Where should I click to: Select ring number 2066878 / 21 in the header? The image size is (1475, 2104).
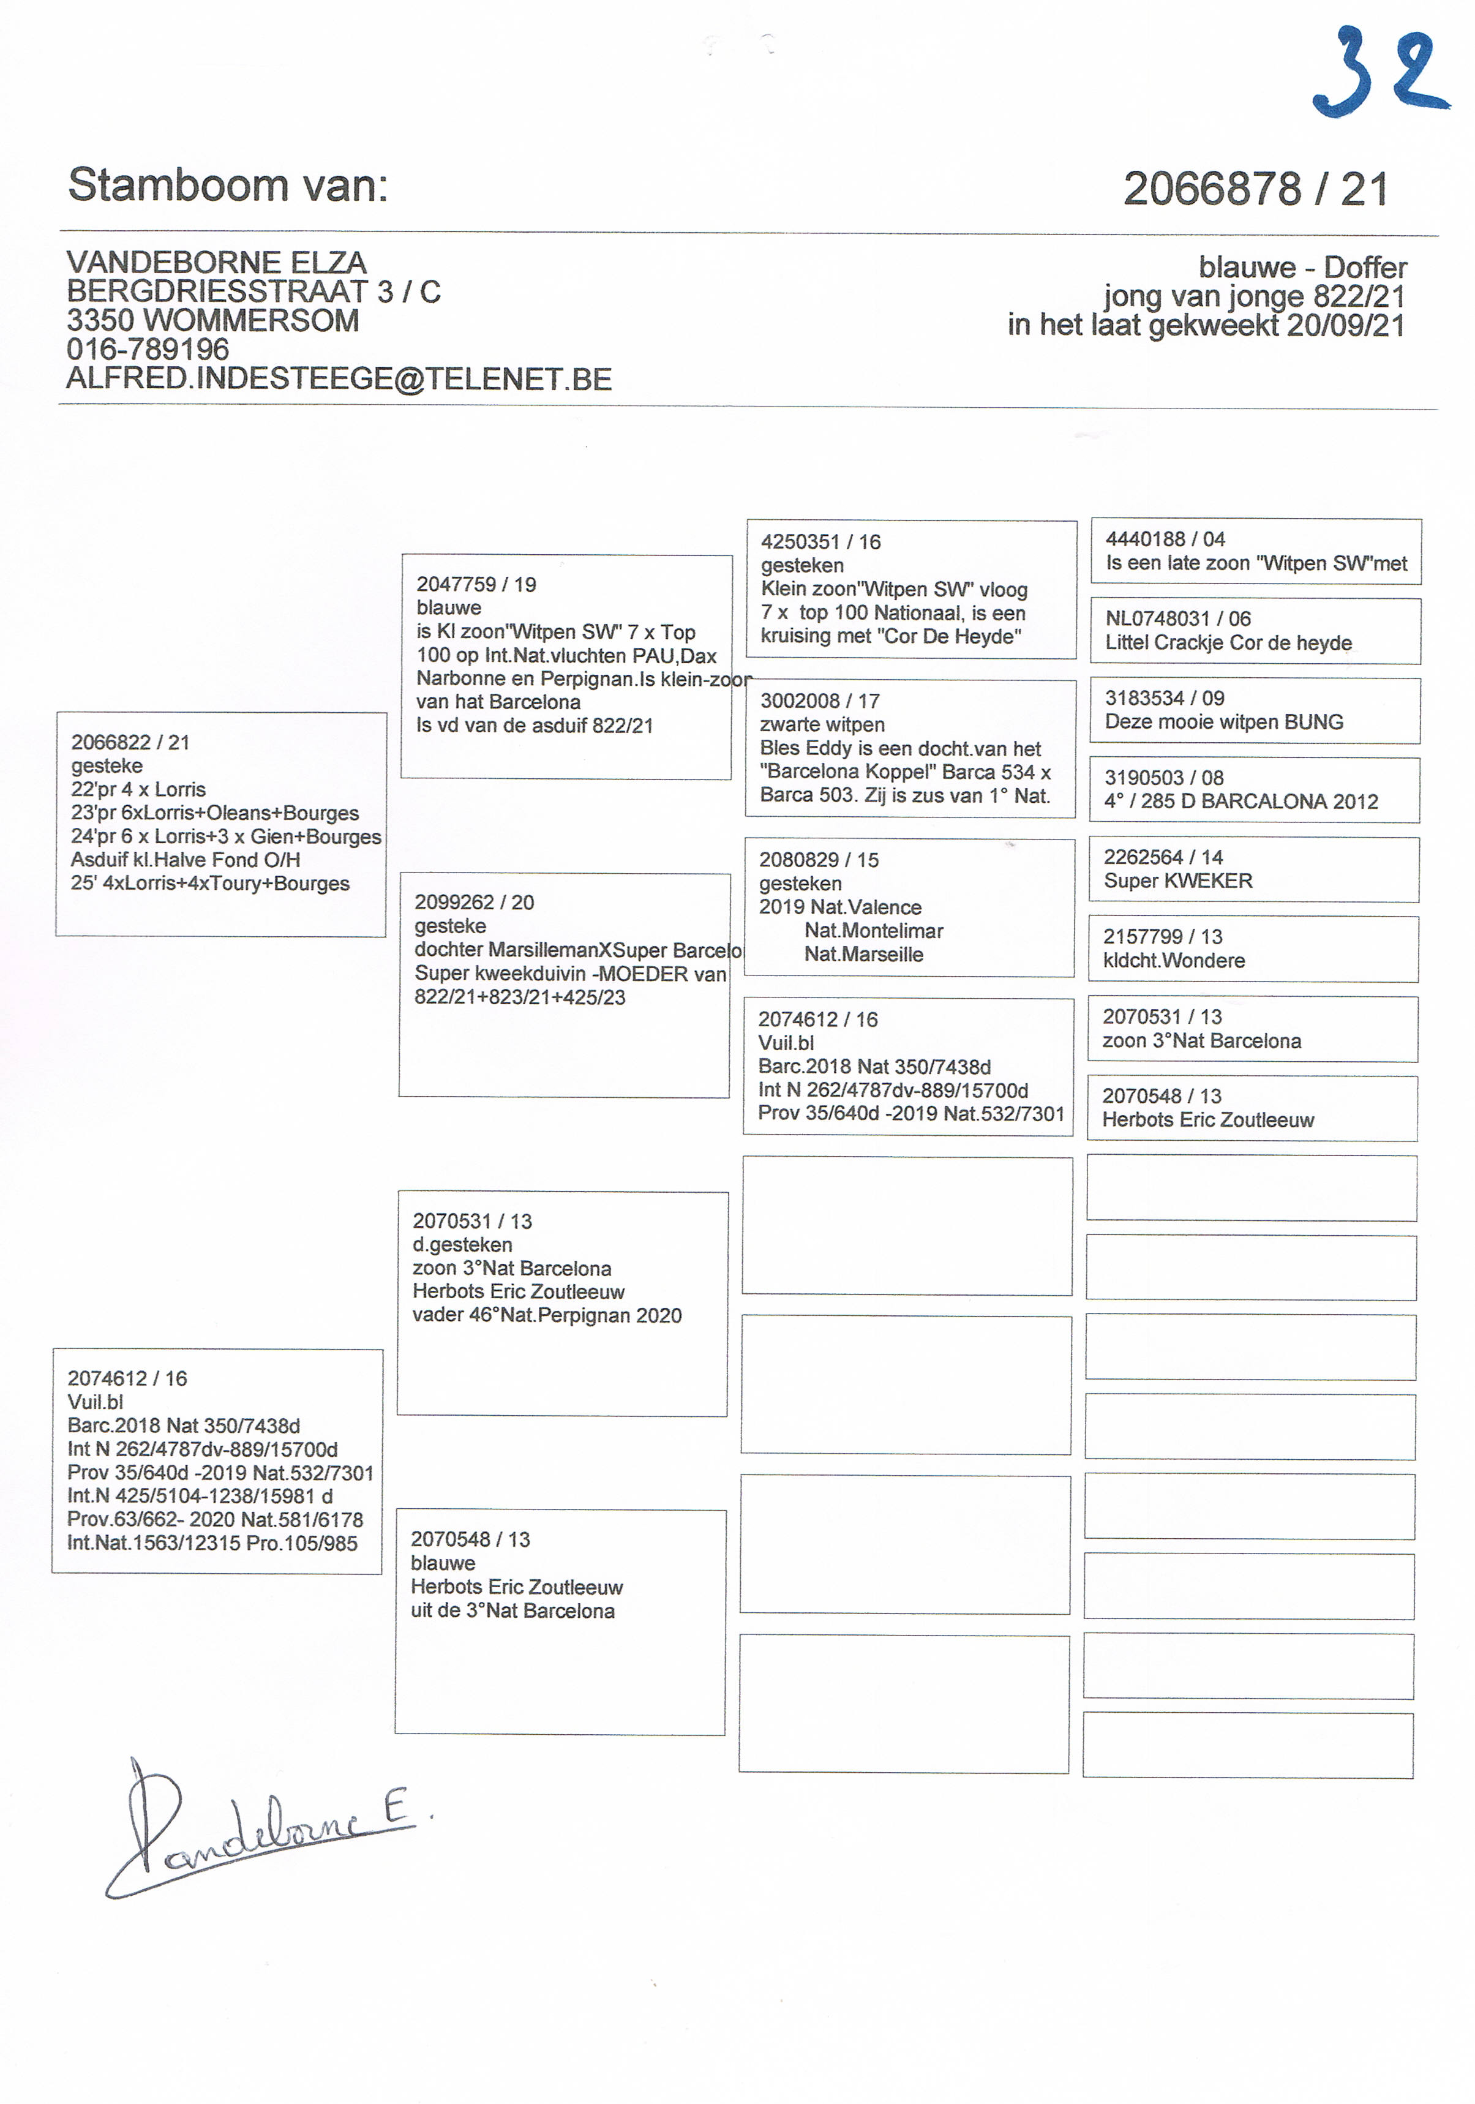pos(1255,190)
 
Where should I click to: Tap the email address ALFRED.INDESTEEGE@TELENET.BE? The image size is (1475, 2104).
pos(339,380)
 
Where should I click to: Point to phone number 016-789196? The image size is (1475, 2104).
pos(148,349)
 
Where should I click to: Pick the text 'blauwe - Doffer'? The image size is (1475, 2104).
pos(1302,268)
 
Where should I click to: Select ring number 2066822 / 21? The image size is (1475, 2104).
pos(130,742)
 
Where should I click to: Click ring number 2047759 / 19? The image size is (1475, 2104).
pos(476,585)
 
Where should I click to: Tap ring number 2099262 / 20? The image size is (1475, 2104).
pos(474,903)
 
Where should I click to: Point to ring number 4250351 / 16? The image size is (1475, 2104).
pos(820,543)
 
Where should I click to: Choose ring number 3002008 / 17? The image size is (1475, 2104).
pos(819,701)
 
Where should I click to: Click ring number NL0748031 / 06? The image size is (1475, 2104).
pos(1177,618)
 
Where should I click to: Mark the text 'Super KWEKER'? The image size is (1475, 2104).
pos(1177,881)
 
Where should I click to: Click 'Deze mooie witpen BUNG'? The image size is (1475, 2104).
pos(1223,722)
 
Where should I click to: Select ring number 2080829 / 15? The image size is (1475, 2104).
pos(818,860)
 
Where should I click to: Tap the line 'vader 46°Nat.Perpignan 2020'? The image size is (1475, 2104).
pos(547,1316)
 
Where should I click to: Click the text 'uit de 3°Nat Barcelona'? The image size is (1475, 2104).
pos(512,1611)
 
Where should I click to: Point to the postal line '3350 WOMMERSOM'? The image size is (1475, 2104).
pos(212,321)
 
